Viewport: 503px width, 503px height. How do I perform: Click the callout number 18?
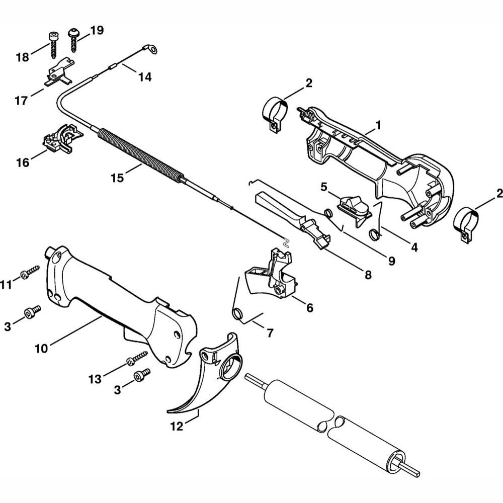coord(23,57)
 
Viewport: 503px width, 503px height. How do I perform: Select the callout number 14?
coord(145,77)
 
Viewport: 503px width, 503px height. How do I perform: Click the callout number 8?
coord(368,275)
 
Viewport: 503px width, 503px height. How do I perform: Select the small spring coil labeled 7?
coord(238,315)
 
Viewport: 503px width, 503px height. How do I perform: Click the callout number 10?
coord(42,347)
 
